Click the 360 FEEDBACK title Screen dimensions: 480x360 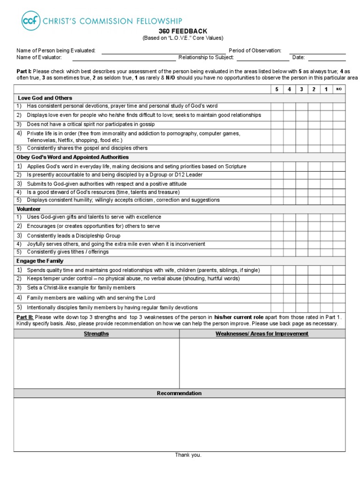tap(183, 31)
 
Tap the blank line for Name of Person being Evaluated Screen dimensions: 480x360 tap(163, 51)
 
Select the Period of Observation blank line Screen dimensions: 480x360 tap(317, 51)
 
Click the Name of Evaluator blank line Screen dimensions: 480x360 tap(124, 58)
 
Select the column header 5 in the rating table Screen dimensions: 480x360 tap(277, 90)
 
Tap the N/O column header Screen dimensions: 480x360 tap(339, 90)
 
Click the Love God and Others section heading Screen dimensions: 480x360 tap(45, 98)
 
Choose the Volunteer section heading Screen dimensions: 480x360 tap(29, 209)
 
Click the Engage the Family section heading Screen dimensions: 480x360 tap(40, 261)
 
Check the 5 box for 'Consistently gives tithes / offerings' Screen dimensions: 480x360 tap(277, 252)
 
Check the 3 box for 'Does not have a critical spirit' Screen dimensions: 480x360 tap(301, 124)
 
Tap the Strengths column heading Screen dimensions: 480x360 tap(96, 334)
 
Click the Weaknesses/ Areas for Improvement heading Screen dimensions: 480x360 tap(262, 334)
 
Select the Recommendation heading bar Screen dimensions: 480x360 tap(179, 393)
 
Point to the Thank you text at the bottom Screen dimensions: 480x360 tap(188, 455)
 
